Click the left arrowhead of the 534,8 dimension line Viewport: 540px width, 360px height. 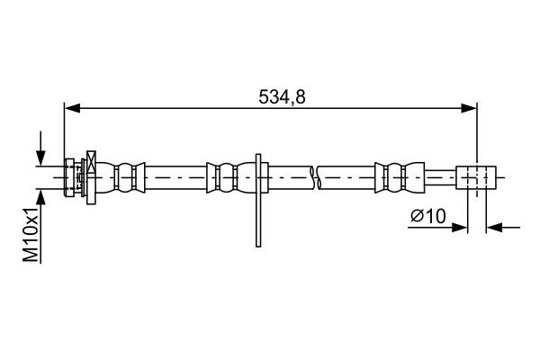click(71, 109)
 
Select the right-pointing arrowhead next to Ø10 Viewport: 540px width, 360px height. click(462, 228)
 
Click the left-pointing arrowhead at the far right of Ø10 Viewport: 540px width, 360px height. click(493, 228)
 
